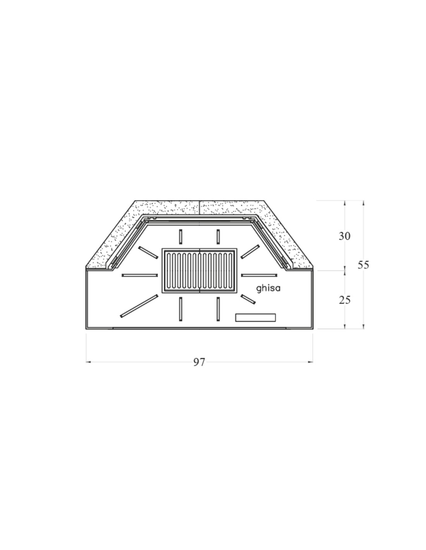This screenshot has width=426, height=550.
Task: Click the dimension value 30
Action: pos(344,236)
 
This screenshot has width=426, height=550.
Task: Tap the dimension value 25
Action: pos(345,300)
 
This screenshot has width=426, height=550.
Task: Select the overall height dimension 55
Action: pos(363,265)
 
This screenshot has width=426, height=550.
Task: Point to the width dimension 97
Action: pos(199,362)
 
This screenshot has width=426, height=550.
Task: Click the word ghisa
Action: pos(268,288)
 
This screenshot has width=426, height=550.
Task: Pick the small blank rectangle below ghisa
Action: pos(256,318)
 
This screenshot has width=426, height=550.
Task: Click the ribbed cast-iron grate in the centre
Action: pos(200,271)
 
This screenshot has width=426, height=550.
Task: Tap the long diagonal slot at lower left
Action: pos(139,306)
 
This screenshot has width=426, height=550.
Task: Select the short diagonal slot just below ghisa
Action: pos(248,299)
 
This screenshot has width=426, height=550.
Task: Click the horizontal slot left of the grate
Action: pos(140,275)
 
